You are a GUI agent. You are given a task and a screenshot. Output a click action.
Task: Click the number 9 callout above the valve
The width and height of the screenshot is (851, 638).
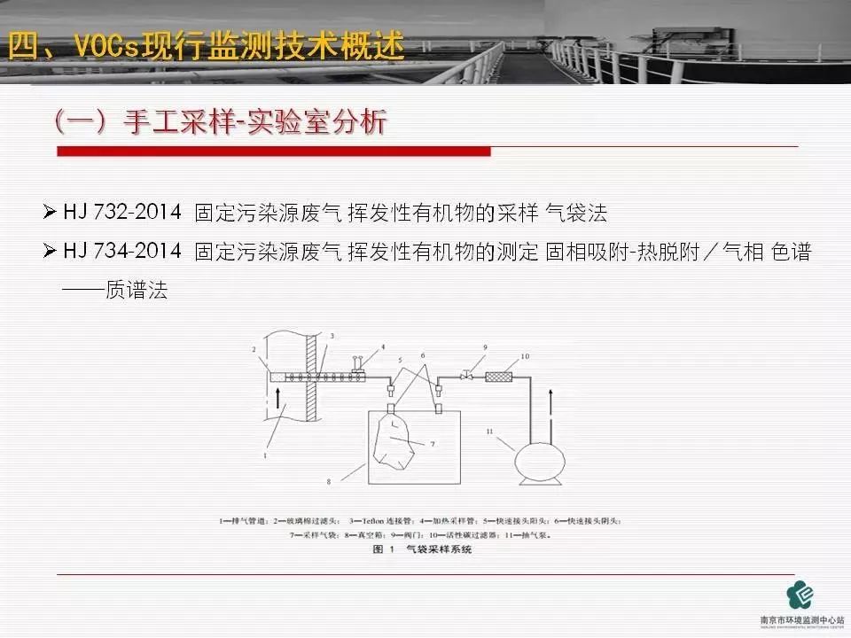coord(486,347)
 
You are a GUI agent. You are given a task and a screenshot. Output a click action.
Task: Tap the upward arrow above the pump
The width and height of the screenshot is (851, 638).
coord(551,403)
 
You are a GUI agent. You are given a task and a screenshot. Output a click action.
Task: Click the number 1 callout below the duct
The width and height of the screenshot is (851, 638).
coord(265,455)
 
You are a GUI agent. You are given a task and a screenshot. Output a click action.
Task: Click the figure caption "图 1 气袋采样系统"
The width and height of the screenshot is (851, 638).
coord(423,549)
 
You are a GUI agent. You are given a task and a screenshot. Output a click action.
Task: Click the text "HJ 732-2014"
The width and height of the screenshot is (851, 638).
coord(122,213)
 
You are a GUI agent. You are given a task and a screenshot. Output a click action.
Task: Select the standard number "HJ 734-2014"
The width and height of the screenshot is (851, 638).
coord(122,252)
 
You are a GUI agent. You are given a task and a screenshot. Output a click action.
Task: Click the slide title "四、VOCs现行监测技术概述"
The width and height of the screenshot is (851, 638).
coord(206,45)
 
